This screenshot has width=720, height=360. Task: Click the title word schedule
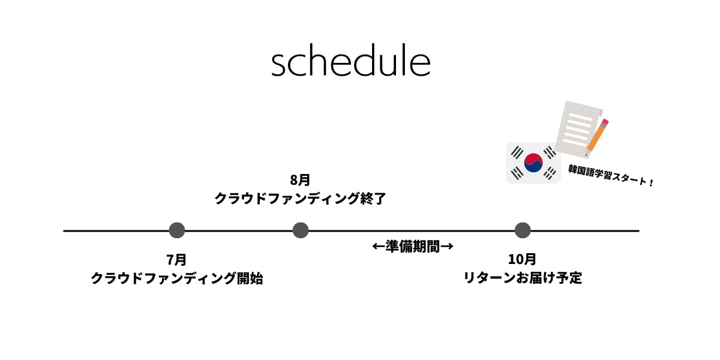click(350, 61)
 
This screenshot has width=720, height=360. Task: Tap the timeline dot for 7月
click(177, 230)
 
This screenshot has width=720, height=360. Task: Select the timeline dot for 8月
click(301, 230)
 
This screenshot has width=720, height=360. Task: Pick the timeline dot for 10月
click(523, 230)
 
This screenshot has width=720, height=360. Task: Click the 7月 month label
click(176, 260)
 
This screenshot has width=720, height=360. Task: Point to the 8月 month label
click(300, 180)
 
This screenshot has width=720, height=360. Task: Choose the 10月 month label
click(522, 259)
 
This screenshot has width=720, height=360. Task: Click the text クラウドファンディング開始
click(177, 278)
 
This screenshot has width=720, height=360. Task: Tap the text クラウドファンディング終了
click(300, 199)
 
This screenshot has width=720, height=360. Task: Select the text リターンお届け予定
click(523, 278)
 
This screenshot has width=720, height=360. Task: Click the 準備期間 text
click(413, 247)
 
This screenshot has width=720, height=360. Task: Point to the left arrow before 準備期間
click(379, 247)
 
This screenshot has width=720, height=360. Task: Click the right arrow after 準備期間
click(447, 247)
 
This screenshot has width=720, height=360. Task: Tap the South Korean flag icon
click(533, 163)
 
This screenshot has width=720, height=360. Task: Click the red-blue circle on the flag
click(533, 163)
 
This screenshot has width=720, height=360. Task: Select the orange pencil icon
click(597, 138)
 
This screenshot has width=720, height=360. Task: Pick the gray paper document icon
click(578, 128)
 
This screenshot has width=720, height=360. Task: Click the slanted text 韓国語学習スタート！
click(611, 175)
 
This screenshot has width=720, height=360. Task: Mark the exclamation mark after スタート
click(651, 183)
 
